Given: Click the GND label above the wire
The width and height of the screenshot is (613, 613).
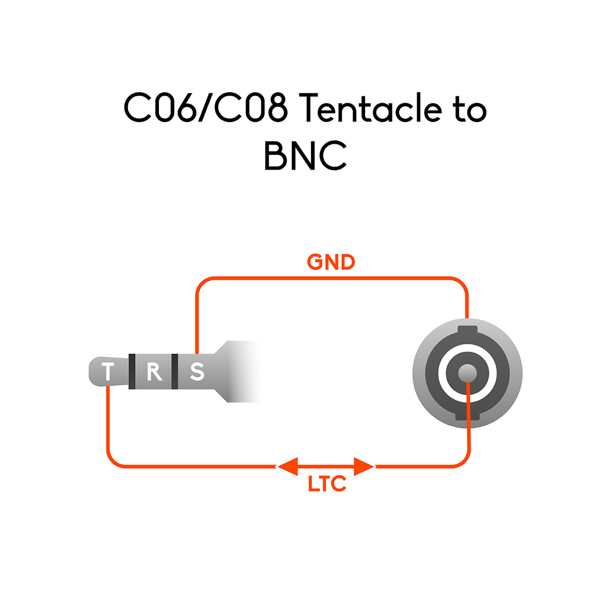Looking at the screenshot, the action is pos(331,262).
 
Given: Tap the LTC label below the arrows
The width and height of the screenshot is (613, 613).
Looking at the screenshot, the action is pos(327,484).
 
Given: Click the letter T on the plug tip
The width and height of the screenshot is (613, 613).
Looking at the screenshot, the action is pos(108,371).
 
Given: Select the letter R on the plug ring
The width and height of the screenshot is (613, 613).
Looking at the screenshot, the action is pos(154,372).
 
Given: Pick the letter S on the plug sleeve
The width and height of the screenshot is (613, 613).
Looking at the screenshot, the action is pos(197,372).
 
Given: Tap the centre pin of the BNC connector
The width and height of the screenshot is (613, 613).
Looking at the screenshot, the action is pos(467,373).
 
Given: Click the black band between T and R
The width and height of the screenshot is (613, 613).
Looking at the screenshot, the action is pos(132,371).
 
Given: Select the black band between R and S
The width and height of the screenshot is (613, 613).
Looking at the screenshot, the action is pos(175,371).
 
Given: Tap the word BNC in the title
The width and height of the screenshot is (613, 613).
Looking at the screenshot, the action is pos(305,155).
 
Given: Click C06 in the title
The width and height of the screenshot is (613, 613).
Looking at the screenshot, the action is pos(160,108).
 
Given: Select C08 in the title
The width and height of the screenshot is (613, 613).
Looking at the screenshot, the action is pos(251,108).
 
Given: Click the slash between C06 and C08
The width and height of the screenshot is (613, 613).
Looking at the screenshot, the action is pos(205,108).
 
